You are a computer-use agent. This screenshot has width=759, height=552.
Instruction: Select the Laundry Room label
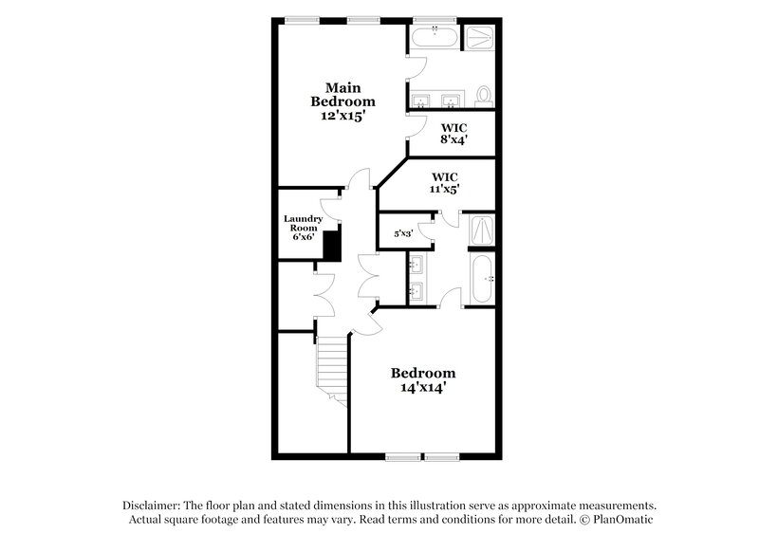coord(304,224)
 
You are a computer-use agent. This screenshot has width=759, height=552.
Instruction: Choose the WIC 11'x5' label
coord(445,182)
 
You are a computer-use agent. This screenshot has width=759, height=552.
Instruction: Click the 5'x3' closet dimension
coord(404,232)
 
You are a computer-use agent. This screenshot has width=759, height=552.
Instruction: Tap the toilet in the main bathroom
coord(484,96)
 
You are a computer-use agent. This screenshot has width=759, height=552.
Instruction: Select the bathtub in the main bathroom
coord(434,37)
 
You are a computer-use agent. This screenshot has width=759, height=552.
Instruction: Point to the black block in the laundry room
coord(331,246)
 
